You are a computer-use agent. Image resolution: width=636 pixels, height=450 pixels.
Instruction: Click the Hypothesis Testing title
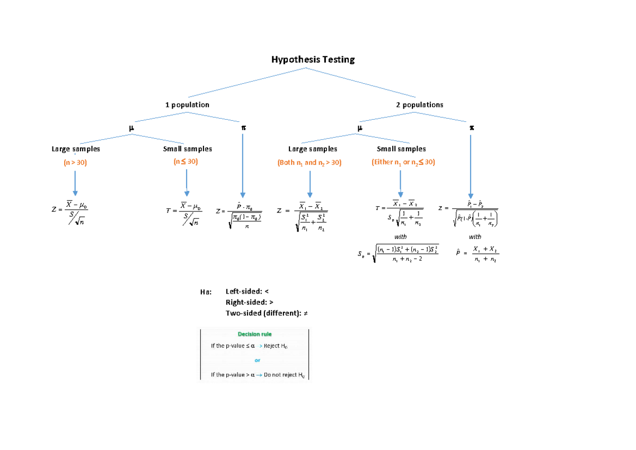[x=313, y=59]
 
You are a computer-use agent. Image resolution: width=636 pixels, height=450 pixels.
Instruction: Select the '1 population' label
[x=187, y=105]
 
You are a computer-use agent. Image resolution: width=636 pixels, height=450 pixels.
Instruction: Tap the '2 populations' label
[x=419, y=105]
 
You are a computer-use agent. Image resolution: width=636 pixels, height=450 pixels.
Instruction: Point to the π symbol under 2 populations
[x=471, y=128]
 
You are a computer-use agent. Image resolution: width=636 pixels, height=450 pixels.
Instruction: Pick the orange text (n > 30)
[x=75, y=162]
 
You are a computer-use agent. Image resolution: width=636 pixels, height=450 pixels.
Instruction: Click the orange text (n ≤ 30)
[x=186, y=162]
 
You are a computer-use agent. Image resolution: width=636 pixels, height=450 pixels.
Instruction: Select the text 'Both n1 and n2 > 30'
[x=310, y=163]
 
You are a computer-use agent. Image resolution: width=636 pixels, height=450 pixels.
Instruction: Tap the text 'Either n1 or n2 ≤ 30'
[x=403, y=163]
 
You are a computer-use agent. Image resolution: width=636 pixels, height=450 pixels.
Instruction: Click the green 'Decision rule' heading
[x=254, y=334]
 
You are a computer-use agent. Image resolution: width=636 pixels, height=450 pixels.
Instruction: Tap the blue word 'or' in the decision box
[x=258, y=360]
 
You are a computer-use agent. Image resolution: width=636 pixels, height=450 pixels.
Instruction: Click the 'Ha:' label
[x=206, y=292]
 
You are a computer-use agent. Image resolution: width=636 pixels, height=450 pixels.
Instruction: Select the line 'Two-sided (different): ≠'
[x=267, y=313]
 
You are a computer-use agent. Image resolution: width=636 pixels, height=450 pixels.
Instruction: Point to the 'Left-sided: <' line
[x=248, y=292]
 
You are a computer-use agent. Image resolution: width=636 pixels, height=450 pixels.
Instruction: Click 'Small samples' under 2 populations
[x=401, y=149]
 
